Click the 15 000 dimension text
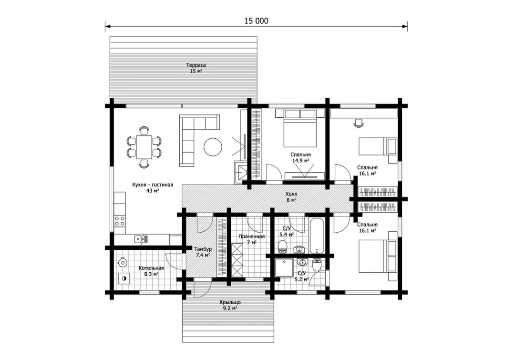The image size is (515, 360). click(x=256, y=21)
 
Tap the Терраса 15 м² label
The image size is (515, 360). click(x=196, y=68)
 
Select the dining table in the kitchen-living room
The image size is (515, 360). click(x=144, y=147)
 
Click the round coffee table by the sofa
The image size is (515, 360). click(x=213, y=147)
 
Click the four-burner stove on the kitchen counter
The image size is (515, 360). click(x=120, y=221)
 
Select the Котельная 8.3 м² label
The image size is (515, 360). click(x=151, y=271)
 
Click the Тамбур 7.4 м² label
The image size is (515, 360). click(x=203, y=252)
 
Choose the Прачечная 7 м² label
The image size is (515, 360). click(x=252, y=239)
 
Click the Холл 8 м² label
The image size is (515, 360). click(x=291, y=197)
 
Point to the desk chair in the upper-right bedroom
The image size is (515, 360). click(x=359, y=123)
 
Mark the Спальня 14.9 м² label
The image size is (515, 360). click(x=300, y=157)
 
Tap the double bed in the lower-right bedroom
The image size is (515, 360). click(x=378, y=256)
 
